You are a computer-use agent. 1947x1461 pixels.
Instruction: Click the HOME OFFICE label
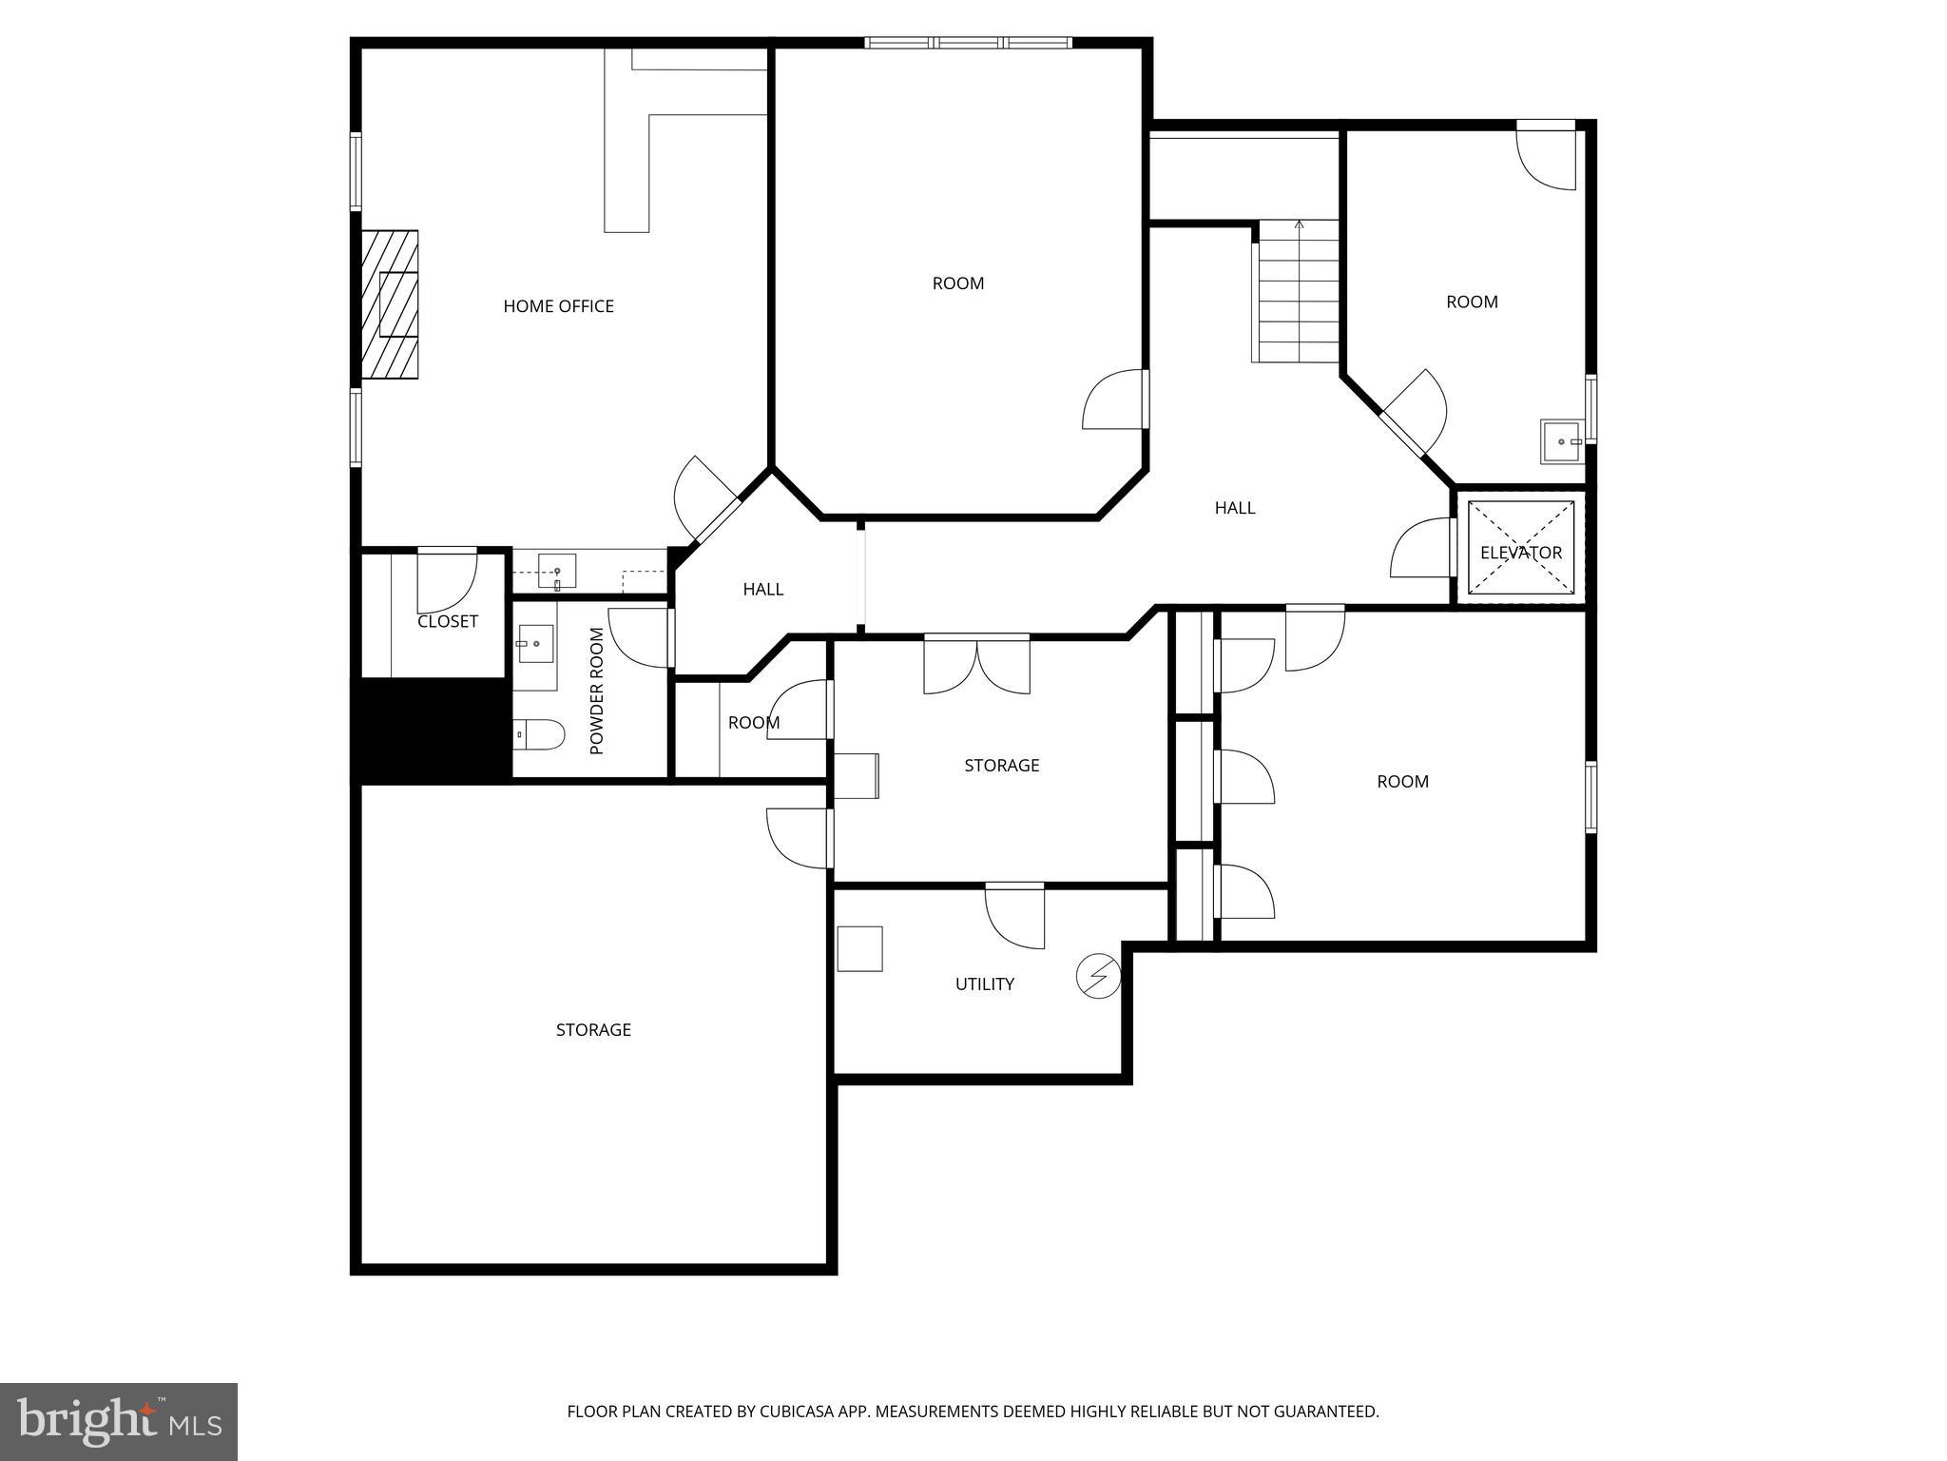coord(558,306)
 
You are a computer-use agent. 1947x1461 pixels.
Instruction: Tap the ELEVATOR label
coord(1520,553)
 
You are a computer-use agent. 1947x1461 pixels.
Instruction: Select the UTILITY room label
coord(984,984)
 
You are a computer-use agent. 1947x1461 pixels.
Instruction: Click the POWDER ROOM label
coord(597,692)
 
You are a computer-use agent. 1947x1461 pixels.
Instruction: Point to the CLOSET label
coord(447,621)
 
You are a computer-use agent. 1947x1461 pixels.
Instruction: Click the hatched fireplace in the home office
coord(390,304)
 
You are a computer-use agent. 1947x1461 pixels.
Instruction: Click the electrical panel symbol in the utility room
coord(1098,976)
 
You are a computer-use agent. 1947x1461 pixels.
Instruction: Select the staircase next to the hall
coord(1299,292)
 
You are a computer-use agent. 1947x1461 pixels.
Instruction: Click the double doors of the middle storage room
coord(976,663)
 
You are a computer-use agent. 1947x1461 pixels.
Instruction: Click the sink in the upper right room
coord(1562,442)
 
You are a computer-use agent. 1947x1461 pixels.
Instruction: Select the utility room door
coord(1014,915)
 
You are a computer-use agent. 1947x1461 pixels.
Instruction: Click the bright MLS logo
coord(119,1422)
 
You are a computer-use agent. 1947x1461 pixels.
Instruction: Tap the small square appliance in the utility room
coord(859,948)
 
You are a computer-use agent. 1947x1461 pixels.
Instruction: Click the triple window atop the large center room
coord(968,43)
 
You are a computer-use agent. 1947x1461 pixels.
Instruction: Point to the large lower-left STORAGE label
coord(593,1030)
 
